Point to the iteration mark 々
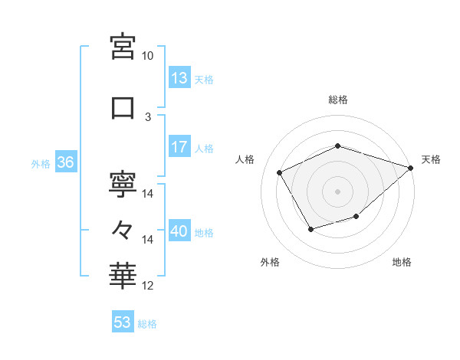[123, 229]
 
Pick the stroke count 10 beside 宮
[148, 56]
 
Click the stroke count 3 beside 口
[148, 116]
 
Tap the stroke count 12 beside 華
[148, 286]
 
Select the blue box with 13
[179, 77]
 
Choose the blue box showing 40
[179, 231]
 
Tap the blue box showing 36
[65, 162]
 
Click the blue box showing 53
[123, 322]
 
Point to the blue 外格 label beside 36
[40, 163]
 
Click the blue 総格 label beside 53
[147, 324]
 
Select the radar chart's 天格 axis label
[431, 159]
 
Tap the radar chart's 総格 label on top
[338, 100]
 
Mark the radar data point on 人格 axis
[280, 172]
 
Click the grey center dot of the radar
[338, 191]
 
